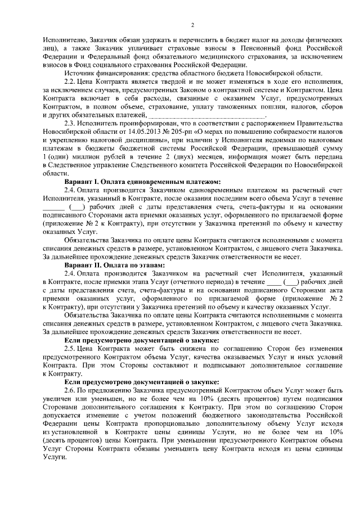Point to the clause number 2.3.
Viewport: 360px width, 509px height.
click(71, 123)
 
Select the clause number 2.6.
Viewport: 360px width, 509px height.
click(71, 390)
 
